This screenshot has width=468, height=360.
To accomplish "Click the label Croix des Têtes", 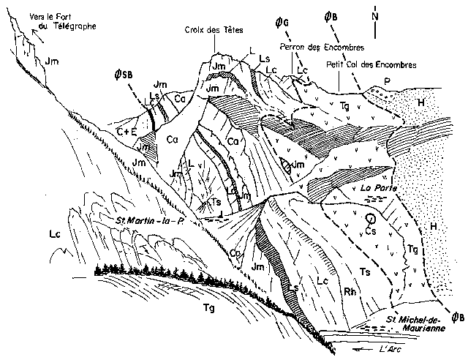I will coord(214,30).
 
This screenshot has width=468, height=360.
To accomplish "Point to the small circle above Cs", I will coord(371,218).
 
